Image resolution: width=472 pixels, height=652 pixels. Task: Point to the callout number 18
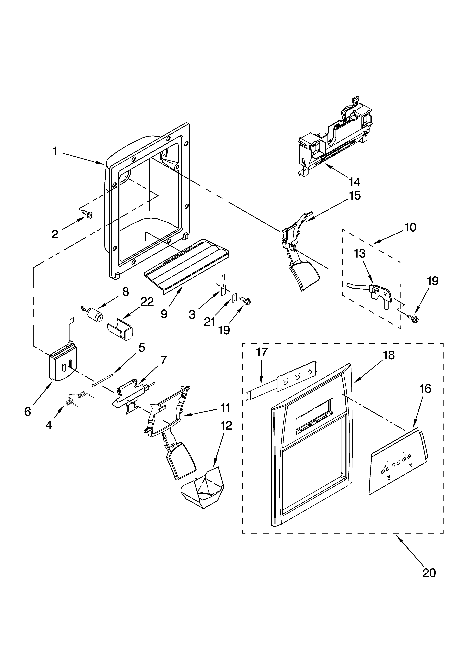pos(389,355)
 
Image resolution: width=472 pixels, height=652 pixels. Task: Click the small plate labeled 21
pos(234,297)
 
